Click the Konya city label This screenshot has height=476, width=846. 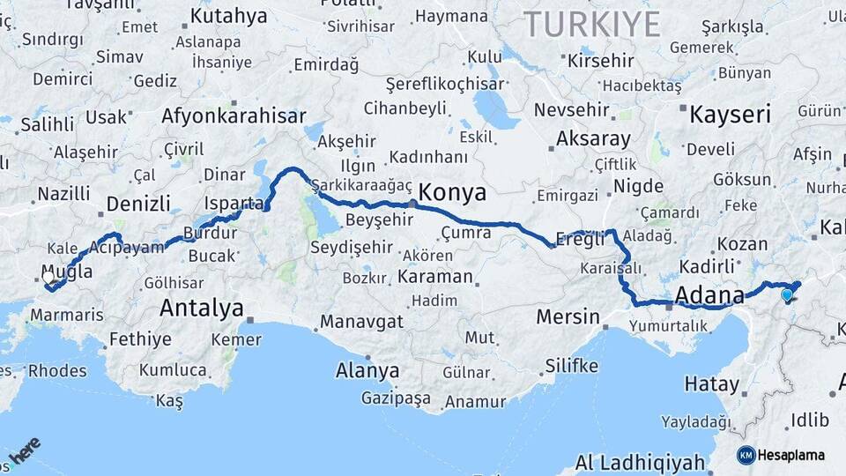(x=453, y=191)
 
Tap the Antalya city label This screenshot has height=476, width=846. (x=202, y=309)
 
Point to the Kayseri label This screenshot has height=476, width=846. (x=730, y=115)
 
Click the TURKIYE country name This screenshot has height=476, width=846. (x=591, y=25)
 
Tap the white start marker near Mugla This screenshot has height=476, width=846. (x=48, y=277)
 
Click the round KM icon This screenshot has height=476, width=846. (x=746, y=455)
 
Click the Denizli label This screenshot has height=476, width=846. (x=138, y=204)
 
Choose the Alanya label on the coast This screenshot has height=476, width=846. (x=367, y=370)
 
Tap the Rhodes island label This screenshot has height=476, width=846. (x=57, y=370)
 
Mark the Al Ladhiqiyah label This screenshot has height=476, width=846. (x=640, y=462)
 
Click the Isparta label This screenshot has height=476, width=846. (x=234, y=204)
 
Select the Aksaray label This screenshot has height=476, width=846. (x=594, y=139)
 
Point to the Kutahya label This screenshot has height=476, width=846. (x=228, y=16)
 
